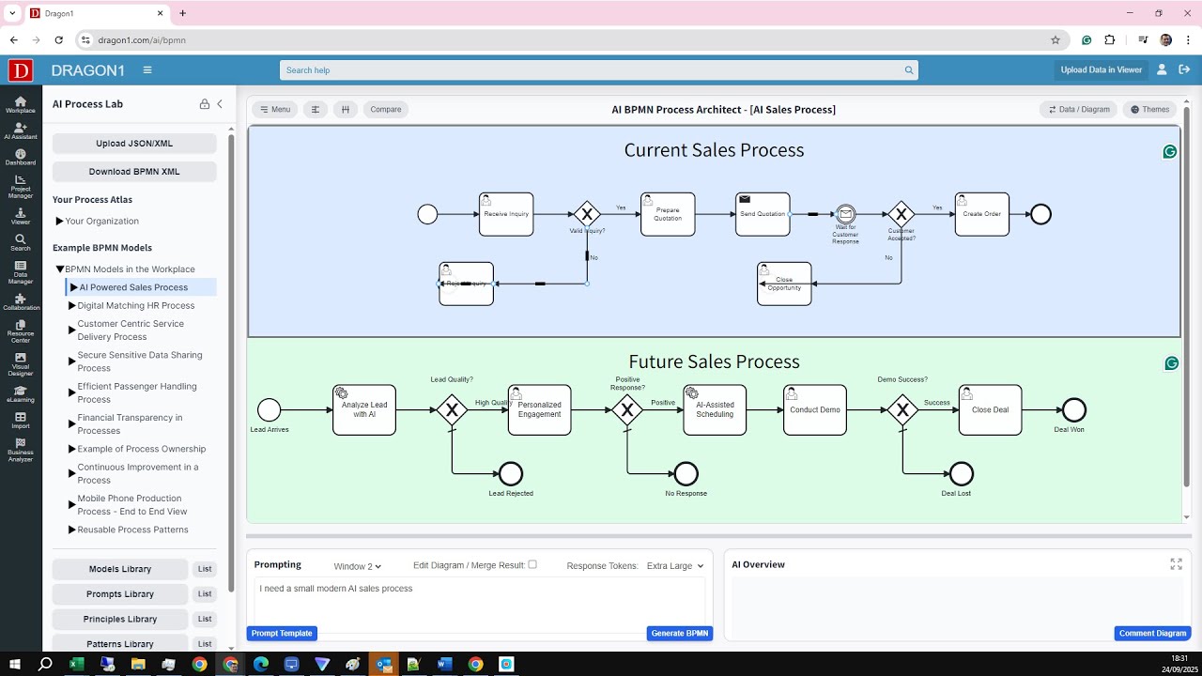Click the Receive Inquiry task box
pyautogui.click(x=506, y=214)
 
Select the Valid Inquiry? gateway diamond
pyautogui.click(x=587, y=214)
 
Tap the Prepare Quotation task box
pyautogui.click(x=668, y=214)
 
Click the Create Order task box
pyautogui.click(x=981, y=214)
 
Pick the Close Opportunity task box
pyautogui.click(x=784, y=284)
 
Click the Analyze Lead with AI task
pyautogui.click(x=364, y=409)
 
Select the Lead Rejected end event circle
pyautogui.click(x=511, y=474)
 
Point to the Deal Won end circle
pyautogui.click(x=1073, y=409)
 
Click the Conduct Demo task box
pyautogui.click(x=815, y=409)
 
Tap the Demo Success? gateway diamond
pyautogui.click(x=902, y=409)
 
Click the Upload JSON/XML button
pyautogui.click(x=134, y=144)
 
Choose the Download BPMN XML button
pyautogui.click(x=134, y=172)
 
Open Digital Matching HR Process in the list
pyautogui.click(x=136, y=305)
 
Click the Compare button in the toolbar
pyautogui.click(x=385, y=110)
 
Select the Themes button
pyautogui.click(x=1149, y=110)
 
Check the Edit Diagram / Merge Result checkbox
pyautogui.click(x=532, y=564)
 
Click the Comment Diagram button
pyautogui.click(x=1152, y=634)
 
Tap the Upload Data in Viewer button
pyautogui.click(x=1101, y=69)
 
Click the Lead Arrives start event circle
pyautogui.click(x=270, y=409)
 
